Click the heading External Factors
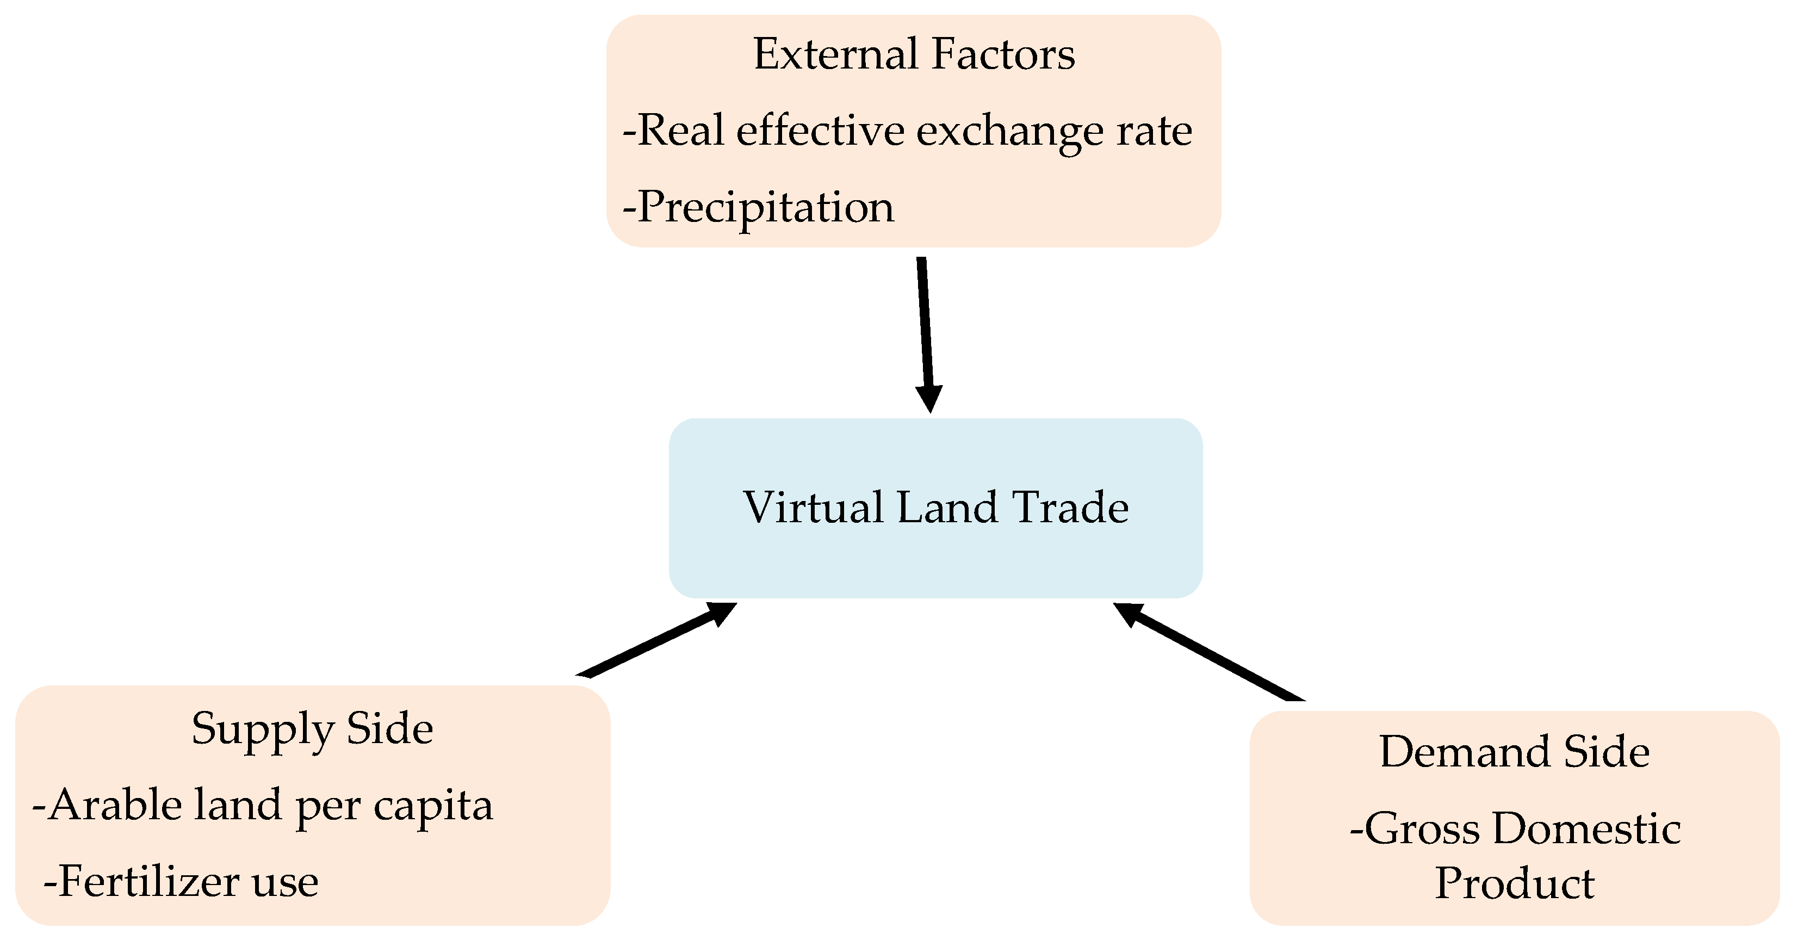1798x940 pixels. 914,54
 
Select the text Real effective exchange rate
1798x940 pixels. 907,131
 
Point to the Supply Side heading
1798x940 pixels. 312,728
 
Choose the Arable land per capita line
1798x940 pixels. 263,805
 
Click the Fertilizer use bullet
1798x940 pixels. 182,881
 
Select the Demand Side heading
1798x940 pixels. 1515,752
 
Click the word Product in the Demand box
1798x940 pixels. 1515,883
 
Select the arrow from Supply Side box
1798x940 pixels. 656,640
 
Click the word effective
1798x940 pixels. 820,131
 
